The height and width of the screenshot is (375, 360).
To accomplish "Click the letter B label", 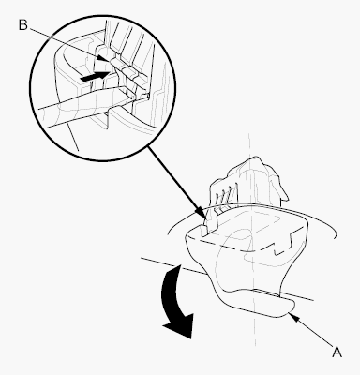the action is coord(22,24).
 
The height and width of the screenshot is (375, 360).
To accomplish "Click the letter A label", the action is coord(337,352).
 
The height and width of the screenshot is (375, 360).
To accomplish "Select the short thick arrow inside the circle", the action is coord(95,77).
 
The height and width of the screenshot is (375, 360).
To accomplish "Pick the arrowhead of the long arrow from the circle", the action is coord(202,215).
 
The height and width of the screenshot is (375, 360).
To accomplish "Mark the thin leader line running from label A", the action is coord(313,332).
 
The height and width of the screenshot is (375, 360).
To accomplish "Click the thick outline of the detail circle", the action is coord(103,15).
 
